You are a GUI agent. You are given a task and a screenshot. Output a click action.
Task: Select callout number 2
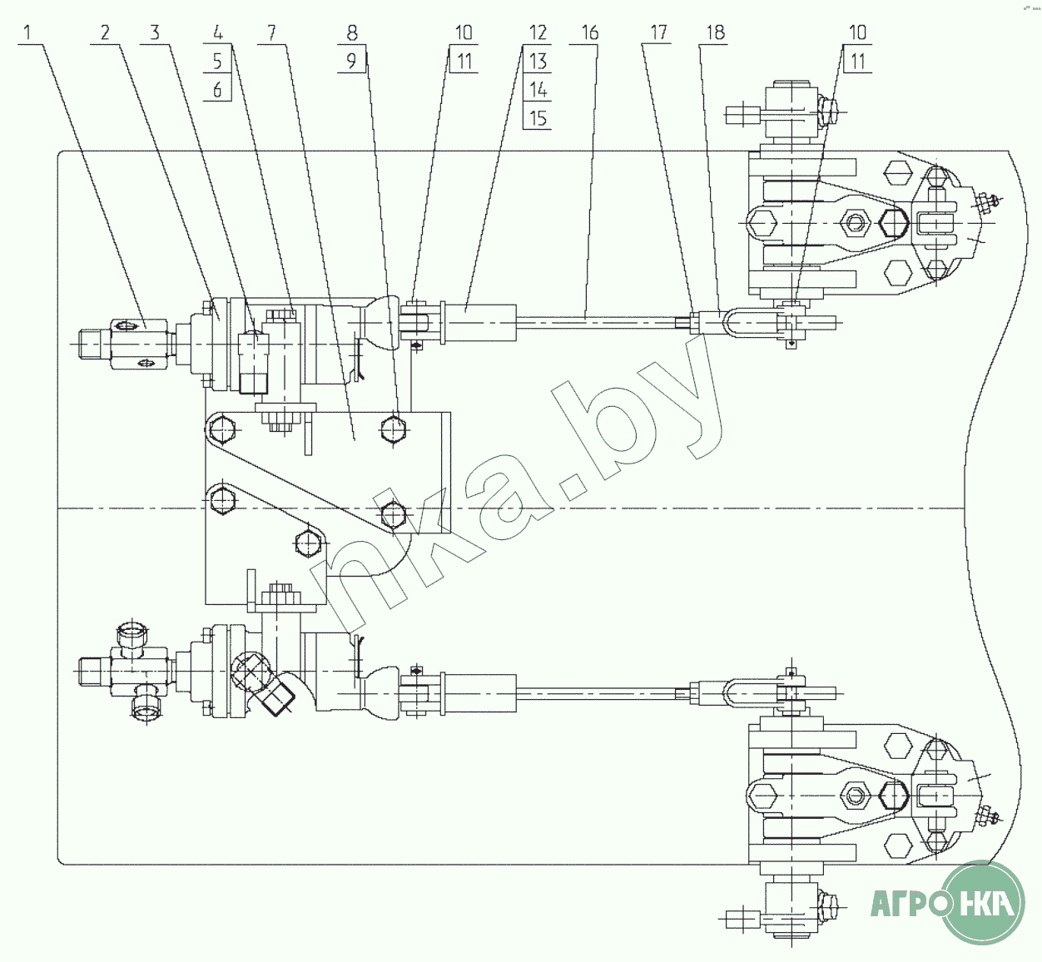pyautogui.click(x=105, y=32)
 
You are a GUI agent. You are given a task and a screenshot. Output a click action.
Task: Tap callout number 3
pyautogui.click(x=154, y=32)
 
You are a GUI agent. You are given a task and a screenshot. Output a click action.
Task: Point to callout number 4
pyautogui.click(x=217, y=32)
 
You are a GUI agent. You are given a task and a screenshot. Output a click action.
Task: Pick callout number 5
pyautogui.click(x=217, y=61)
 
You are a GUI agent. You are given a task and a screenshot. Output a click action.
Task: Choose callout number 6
pyautogui.click(x=217, y=89)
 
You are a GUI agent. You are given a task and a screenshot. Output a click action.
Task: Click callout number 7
pyautogui.click(x=271, y=32)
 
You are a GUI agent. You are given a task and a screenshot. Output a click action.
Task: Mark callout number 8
pyautogui.click(x=352, y=32)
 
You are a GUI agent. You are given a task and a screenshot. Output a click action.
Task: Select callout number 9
pyautogui.click(x=352, y=61)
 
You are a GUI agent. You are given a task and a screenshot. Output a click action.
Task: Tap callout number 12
pyautogui.click(x=538, y=32)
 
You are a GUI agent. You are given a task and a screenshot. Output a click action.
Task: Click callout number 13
pyautogui.click(x=538, y=61)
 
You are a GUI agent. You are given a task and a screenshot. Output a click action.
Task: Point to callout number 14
pyautogui.click(x=538, y=89)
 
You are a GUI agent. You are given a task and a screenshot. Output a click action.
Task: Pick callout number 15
pyautogui.click(x=538, y=117)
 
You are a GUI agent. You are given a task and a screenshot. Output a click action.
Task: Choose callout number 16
pyautogui.click(x=589, y=32)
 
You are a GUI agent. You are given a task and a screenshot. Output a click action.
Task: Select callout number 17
pyautogui.click(x=658, y=32)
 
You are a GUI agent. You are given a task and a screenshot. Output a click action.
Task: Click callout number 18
pyautogui.click(x=715, y=32)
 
